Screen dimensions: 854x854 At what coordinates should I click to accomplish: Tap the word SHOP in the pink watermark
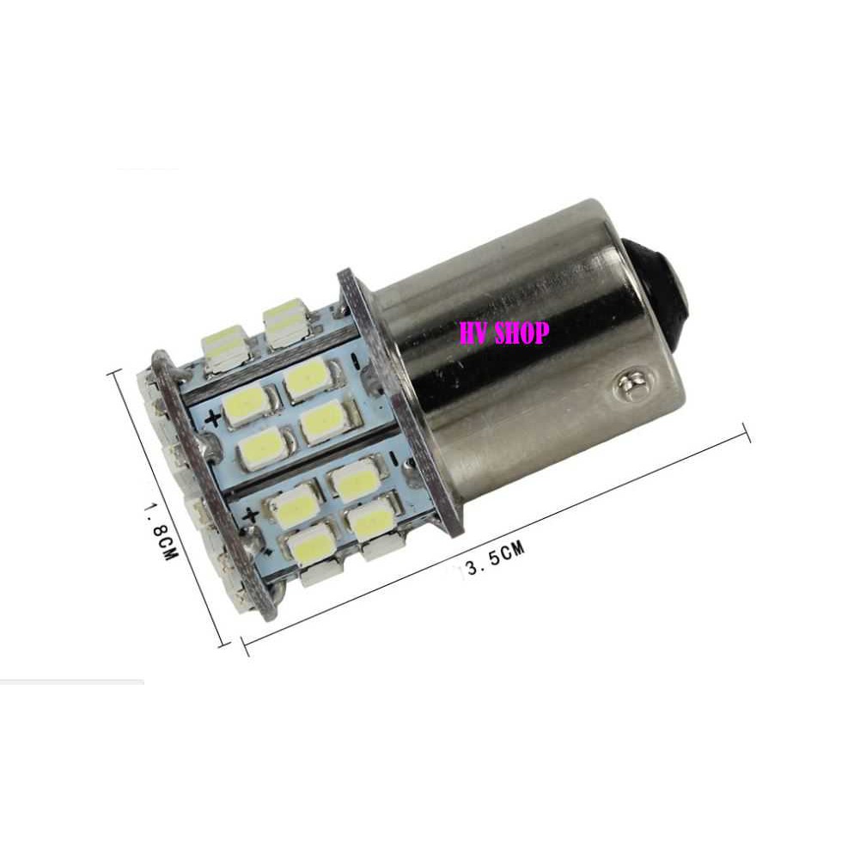click(x=522, y=332)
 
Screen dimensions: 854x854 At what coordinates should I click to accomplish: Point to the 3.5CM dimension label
click(x=487, y=556)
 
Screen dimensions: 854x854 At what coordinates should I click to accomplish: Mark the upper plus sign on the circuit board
click(x=213, y=418)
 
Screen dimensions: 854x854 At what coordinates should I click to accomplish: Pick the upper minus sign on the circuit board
click(x=355, y=361)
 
